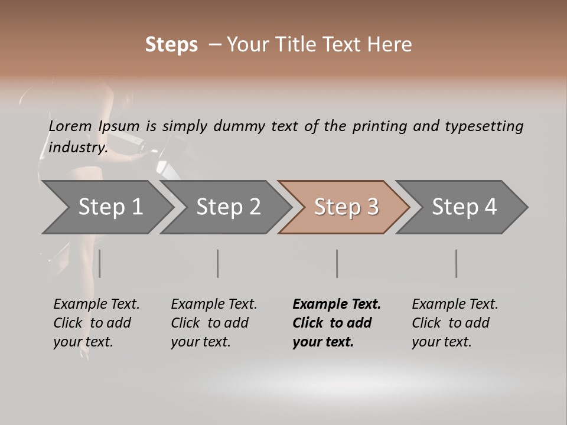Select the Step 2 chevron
pos(228,207)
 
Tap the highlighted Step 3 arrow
pos(346,207)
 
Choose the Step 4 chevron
pos(464,207)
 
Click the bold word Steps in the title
pos(171,45)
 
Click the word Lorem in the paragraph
pos(70,126)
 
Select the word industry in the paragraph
pos(77,147)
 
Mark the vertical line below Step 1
pos(100,263)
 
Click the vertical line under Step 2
pos(218,263)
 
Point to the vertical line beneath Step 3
pos(337,263)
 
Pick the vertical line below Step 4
pos(457,263)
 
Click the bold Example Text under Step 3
pos(337,323)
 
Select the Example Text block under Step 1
pos(96,323)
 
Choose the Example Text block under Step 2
pos(214,323)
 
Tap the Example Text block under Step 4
pos(455,323)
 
